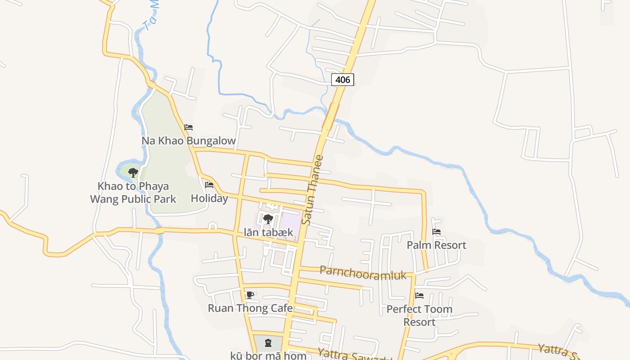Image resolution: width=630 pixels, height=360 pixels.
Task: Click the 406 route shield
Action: [342, 80]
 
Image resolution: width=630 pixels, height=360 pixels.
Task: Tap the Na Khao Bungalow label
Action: [189, 141]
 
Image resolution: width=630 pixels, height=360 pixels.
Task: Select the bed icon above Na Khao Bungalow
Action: [189, 127]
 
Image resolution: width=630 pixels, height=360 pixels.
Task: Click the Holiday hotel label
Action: [209, 198]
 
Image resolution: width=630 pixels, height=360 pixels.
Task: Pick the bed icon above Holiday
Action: [209, 184]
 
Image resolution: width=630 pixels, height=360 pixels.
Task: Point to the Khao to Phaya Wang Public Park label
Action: [133, 193]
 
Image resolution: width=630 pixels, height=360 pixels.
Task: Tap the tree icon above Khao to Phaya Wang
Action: [133, 172]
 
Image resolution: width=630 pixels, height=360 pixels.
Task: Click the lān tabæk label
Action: [268, 233]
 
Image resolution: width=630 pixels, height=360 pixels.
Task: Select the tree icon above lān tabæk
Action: [268, 220]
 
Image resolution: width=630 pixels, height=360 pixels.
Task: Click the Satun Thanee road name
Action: [313, 190]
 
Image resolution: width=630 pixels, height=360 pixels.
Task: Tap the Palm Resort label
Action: [436, 245]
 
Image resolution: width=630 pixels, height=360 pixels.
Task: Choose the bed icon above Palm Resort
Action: [436, 232]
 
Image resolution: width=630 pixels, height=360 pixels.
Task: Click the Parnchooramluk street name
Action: [363, 273]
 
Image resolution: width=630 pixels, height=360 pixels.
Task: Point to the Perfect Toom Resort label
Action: [419, 315]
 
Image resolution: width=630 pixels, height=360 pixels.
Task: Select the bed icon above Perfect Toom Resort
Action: [419, 296]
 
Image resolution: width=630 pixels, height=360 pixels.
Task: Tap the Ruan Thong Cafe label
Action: [250, 308]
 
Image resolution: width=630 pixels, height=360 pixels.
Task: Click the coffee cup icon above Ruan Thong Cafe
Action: [250, 295]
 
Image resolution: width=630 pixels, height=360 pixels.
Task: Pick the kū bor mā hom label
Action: [268, 355]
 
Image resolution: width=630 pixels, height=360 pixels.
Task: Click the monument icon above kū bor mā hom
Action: [268, 343]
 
